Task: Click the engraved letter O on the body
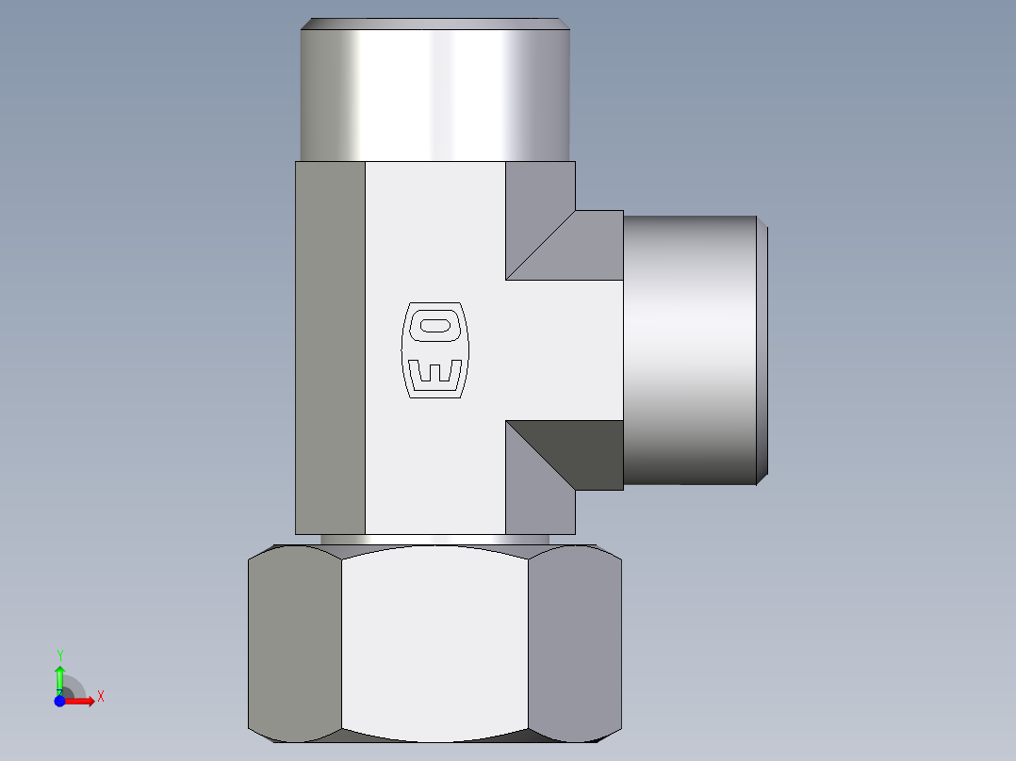click(434, 326)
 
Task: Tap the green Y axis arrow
click(59, 675)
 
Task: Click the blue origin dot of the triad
click(59, 701)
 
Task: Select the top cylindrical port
click(435, 94)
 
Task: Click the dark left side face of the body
click(330, 348)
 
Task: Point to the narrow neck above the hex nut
click(434, 540)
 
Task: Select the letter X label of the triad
click(100, 697)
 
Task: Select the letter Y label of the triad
click(59, 655)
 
